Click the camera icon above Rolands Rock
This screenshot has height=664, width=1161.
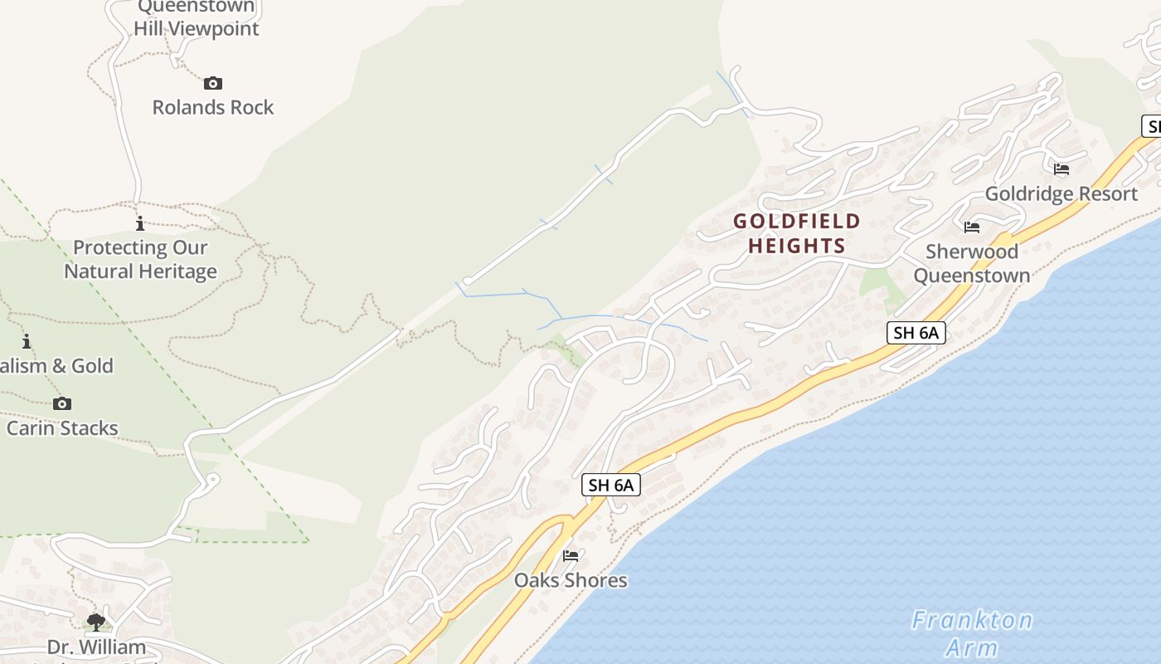[213, 83]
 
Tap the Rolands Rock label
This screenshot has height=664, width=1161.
[213, 107]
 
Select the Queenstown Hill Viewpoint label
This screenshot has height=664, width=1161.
[197, 18]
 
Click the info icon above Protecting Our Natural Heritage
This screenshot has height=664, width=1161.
[140, 223]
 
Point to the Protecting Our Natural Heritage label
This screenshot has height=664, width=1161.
[141, 259]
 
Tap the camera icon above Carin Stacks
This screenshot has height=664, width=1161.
[62, 404]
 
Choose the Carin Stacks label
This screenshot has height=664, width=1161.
[62, 428]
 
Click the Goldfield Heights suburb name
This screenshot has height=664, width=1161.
[797, 233]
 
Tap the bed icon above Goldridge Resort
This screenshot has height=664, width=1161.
[1061, 169]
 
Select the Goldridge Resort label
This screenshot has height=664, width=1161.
[1061, 193]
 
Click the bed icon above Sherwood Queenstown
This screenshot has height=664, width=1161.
[972, 227]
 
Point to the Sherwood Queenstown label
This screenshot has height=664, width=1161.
[972, 263]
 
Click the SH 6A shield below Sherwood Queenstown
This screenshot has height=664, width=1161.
[916, 333]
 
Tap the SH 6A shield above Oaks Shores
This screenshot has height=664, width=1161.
[611, 485]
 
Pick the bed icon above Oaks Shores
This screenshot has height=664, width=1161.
[571, 555]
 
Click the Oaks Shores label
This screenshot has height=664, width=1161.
[571, 579]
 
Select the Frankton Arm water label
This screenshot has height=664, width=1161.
[972, 633]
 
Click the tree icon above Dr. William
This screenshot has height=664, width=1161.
[96, 622]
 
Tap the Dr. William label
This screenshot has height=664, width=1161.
[96, 647]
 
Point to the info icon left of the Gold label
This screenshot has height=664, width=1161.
[27, 341]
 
